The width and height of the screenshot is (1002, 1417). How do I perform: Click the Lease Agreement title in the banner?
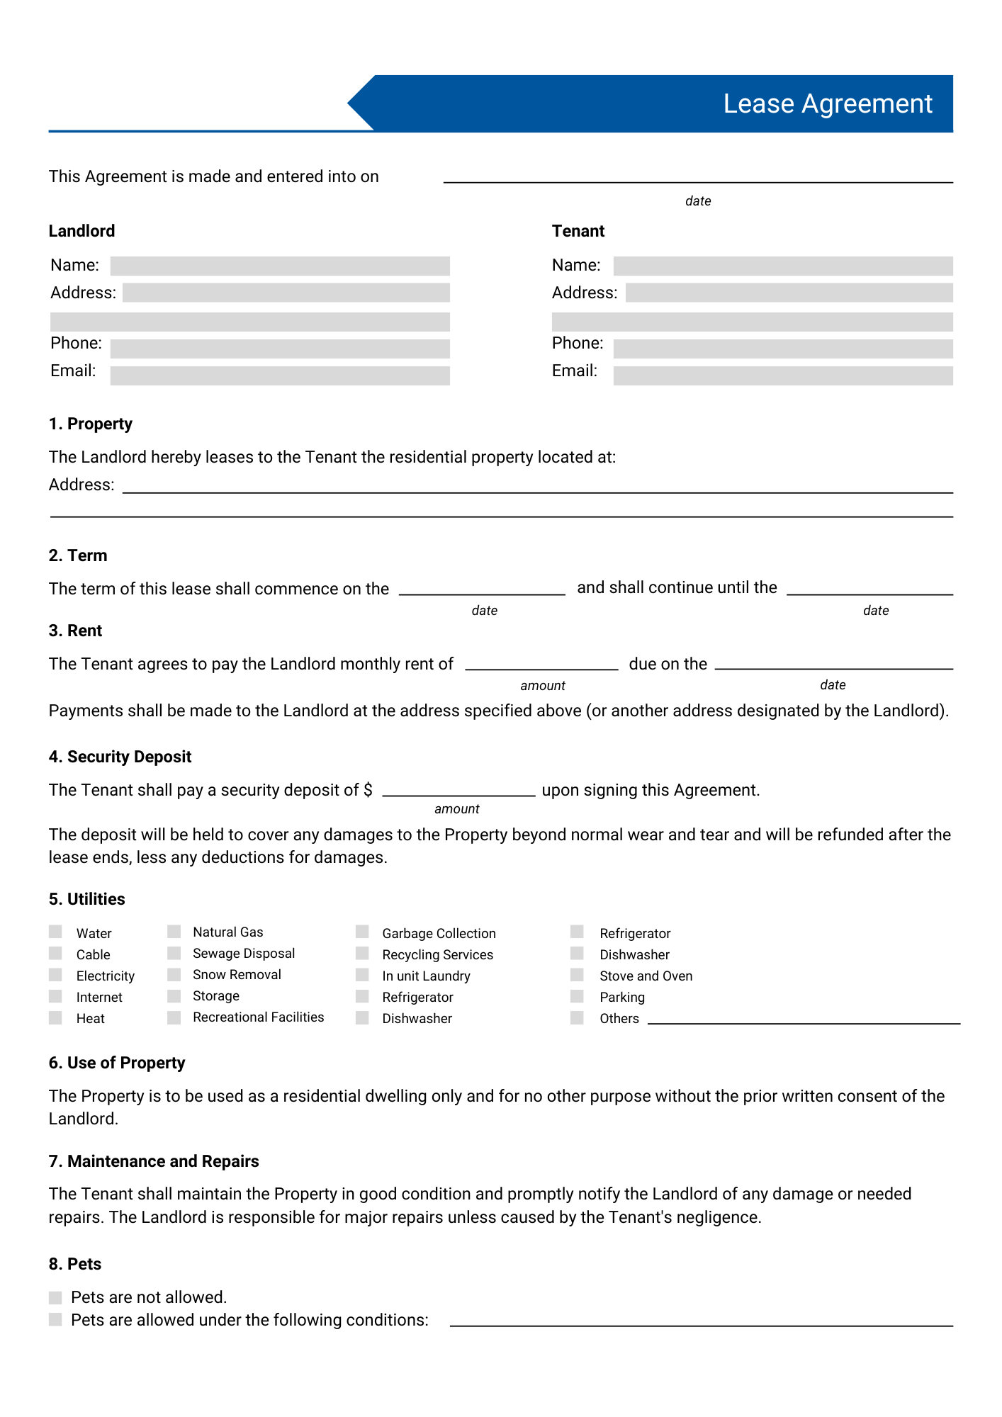pos(827,104)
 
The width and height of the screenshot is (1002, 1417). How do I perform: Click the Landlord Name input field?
pos(280,266)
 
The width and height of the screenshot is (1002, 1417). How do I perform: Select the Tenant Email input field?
pos(782,376)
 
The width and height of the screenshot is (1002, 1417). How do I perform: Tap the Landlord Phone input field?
pos(280,349)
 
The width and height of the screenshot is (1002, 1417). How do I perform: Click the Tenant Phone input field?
pos(782,349)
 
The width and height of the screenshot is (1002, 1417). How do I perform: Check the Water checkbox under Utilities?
pos(55,932)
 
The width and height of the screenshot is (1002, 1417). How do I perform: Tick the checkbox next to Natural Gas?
pos(174,931)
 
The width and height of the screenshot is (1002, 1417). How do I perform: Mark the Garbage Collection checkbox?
pos(362,931)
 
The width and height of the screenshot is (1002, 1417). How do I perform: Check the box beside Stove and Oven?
pos(577,975)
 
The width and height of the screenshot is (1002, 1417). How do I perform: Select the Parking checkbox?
pos(577,996)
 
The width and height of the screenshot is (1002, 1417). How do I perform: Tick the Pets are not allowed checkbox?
pos(55,1297)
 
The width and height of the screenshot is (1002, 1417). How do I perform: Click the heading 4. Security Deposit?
pos(120,757)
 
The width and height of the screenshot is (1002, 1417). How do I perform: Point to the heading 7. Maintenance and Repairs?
pos(154,1161)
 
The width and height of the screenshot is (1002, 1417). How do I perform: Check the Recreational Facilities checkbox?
pos(174,1017)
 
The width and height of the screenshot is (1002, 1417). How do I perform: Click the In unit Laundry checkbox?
pos(362,975)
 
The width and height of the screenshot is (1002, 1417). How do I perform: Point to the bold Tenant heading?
pos(578,231)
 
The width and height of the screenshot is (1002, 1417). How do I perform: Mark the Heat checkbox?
pos(55,1017)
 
